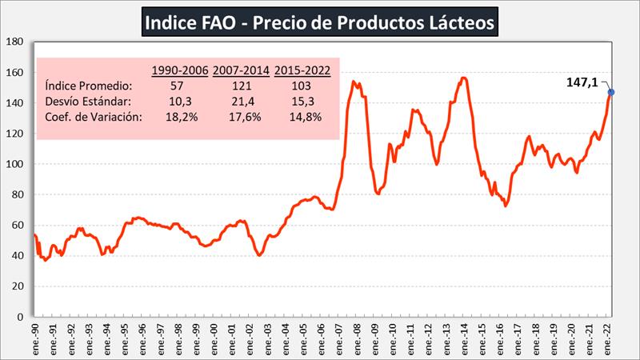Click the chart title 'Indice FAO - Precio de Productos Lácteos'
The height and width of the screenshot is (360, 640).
coord(320,23)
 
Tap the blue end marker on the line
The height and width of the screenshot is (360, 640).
coord(610,93)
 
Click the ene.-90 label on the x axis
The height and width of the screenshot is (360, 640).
coord(34,336)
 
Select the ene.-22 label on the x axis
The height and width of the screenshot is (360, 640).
coord(607,336)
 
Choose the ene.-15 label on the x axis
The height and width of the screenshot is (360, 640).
coord(482,336)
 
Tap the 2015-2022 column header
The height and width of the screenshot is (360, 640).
coord(302,70)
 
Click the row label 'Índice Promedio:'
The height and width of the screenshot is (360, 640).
coord(89,86)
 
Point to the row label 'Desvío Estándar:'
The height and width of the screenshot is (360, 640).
coord(90,102)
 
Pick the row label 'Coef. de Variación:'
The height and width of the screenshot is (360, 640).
coord(94,118)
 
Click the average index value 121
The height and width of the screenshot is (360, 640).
coord(241,86)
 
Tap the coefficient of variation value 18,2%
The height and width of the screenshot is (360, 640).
coord(178,118)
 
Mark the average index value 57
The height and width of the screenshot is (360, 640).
coord(178,86)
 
